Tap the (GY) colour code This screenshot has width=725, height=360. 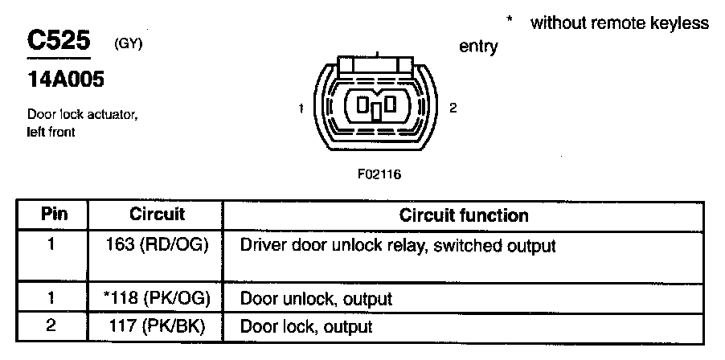(129, 44)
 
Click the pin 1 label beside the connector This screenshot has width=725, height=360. (300, 108)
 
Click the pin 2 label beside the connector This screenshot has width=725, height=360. (453, 108)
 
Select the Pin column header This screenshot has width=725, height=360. (54, 215)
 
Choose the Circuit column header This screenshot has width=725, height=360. (157, 215)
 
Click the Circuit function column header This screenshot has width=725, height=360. (464, 215)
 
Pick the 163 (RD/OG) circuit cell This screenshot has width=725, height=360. (158, 244)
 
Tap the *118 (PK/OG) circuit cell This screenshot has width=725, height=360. (157, 300)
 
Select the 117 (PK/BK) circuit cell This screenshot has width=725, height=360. (158, 327)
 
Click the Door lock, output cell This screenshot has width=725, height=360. (306, 327)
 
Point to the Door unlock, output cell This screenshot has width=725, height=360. (316, 300)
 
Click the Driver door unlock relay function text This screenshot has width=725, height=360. (398, 244)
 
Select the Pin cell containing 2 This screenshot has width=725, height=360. (51, 327)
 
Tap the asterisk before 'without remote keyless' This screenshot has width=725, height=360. (509, 20)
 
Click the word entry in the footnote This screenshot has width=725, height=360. (478, 47)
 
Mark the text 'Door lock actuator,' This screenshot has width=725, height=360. (83, 115)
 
